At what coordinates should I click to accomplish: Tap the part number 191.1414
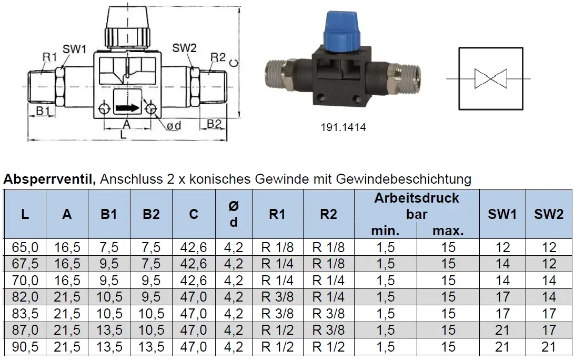click(x=343, y=127)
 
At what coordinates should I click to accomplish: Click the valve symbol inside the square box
click(x=490, y=78)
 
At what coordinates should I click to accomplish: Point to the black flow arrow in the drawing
click(x=127, y=108)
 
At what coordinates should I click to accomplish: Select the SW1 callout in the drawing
click(x=74, y=49)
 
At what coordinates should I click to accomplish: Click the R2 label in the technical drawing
click(x=218, y=57)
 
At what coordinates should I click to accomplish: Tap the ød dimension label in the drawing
click(x=174, y=126)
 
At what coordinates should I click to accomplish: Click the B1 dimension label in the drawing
click(x=43, y=111)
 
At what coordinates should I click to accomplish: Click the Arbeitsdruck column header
click(x=417, y=198)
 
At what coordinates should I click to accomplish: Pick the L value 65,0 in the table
click(x=25, y=247)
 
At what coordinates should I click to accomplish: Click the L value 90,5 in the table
click(x=25, y=347)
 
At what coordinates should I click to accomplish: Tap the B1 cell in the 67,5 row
click(x=109, y=264)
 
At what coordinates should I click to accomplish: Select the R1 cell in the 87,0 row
click(x=277, y=331)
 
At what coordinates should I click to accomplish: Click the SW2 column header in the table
click(x=549, y=214)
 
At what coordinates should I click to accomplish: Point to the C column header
click(x=194, y=214)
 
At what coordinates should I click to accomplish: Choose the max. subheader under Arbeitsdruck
click(x=448, y=231)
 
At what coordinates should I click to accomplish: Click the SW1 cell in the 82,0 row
click(x=502, y=297)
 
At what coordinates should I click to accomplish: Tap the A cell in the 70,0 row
click(x=67, y=281)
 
